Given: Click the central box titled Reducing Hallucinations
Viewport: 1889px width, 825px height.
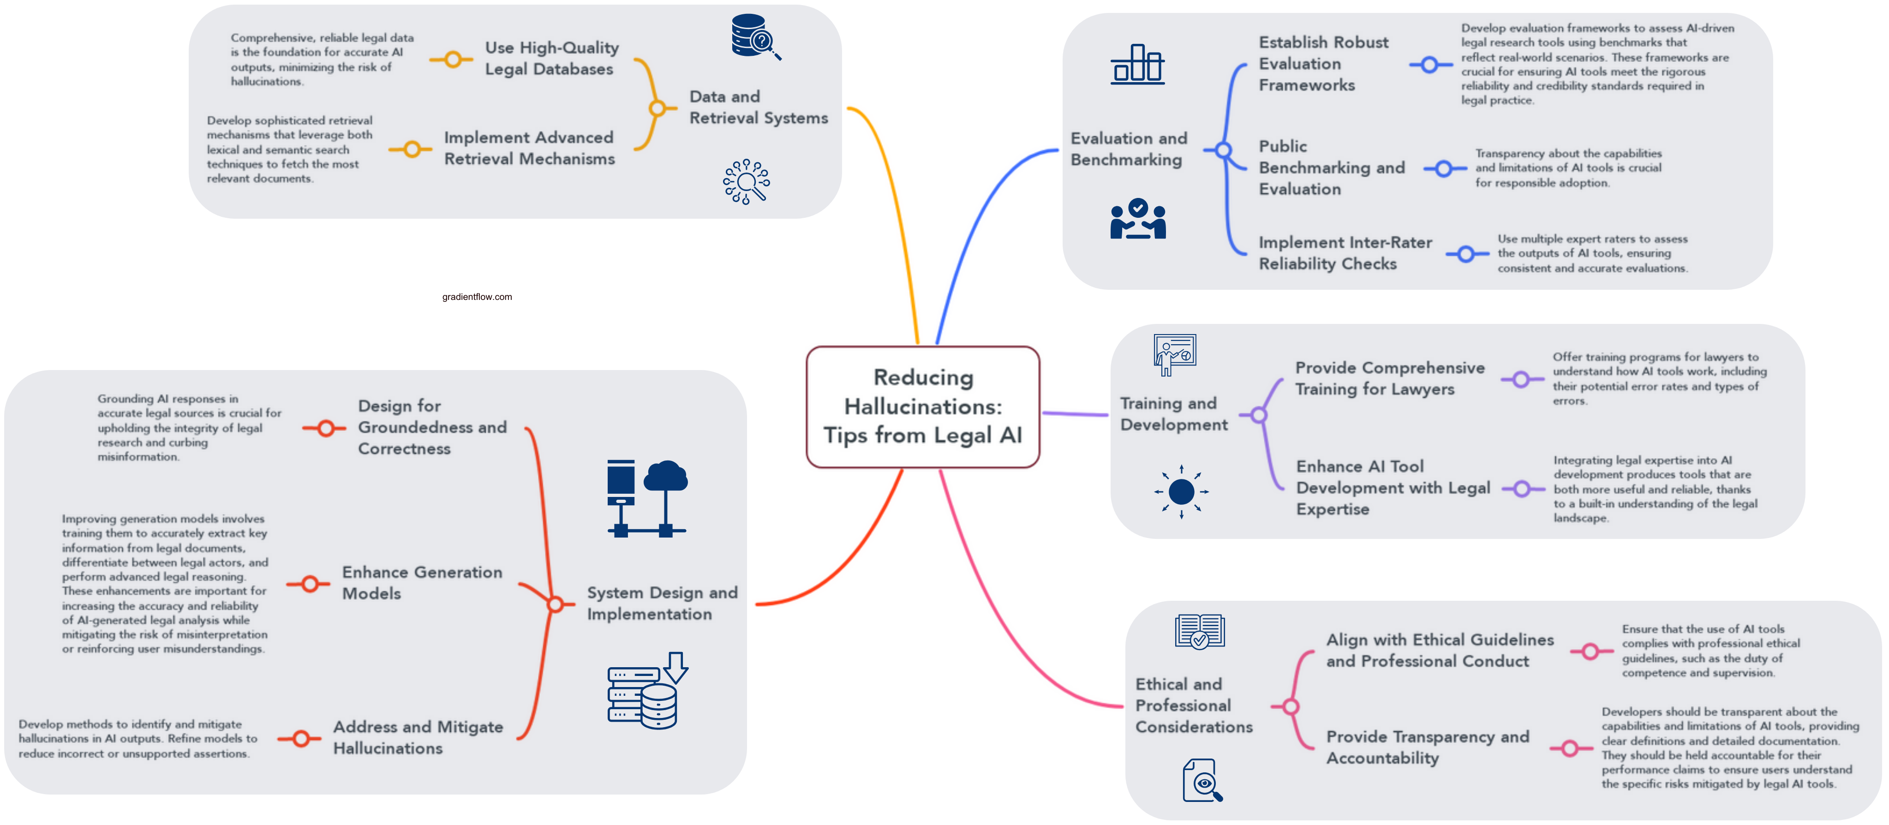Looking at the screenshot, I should [x=922, y=406].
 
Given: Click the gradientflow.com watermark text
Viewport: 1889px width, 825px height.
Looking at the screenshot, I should [x=477, y=297].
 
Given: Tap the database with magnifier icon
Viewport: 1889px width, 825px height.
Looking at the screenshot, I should [x=754, y=36].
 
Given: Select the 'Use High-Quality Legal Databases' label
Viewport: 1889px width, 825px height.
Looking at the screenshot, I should [x=551, y=58].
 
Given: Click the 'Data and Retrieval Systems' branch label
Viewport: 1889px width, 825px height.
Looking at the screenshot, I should [x=758, y=107].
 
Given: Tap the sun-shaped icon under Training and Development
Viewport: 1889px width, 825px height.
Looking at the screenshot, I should [x=1181, y=491].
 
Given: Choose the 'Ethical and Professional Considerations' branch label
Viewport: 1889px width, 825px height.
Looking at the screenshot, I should [x=1193, y=705].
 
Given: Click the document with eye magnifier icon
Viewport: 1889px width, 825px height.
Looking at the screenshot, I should [x=1202, y=780].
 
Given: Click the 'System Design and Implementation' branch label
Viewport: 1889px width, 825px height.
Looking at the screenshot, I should [x=662, y=604].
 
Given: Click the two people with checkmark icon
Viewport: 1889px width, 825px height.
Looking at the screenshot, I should [x=1137, y=219].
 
